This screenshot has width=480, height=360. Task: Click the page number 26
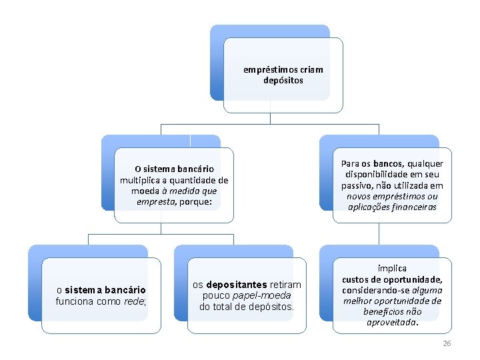447,343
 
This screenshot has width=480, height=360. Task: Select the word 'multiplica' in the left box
141,180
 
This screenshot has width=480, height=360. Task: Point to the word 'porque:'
195,201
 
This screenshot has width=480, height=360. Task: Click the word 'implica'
392,268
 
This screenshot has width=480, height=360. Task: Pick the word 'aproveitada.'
392,322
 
